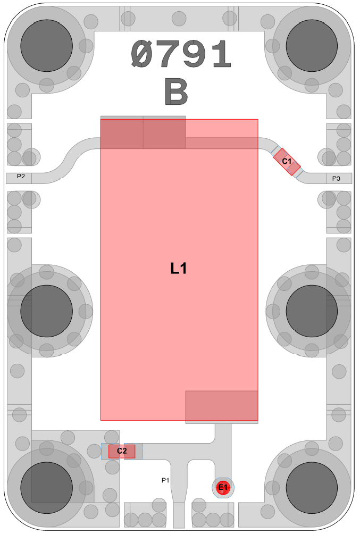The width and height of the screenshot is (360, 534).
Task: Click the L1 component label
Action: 179,269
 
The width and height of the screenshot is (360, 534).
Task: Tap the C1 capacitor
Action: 287,162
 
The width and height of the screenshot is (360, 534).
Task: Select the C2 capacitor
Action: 122,451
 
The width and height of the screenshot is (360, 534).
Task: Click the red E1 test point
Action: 223,487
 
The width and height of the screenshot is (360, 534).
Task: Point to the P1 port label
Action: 165,480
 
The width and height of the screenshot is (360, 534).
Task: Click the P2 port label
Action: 21,176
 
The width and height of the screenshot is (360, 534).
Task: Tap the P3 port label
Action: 336,178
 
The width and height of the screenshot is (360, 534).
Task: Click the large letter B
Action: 176,91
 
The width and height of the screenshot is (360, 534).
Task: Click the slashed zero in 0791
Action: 143,54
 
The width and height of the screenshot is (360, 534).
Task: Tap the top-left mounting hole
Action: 47,46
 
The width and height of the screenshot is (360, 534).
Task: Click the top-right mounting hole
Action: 312,46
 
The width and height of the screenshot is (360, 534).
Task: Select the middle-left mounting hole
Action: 47,311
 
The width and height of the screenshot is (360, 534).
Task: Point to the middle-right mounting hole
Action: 312,311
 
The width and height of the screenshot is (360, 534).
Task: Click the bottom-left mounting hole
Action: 47,488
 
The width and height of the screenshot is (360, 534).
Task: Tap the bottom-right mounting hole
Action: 312,488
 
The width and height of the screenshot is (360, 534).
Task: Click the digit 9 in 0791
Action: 194,54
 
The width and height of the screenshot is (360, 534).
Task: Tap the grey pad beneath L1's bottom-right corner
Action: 221,407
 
